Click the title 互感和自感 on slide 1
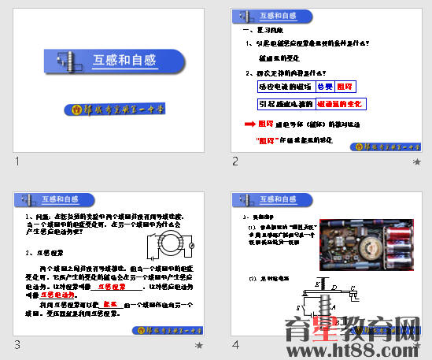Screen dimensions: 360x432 [x=124, y=61]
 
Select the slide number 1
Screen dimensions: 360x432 [x=16, y=161]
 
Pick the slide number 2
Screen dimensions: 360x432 [x=234, y=161]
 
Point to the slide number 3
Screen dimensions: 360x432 [x=16, y=345]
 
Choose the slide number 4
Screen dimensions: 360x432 [x=234, y=345]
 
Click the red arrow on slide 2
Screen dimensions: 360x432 [x=248, y=124]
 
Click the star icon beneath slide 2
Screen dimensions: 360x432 [x=417, y=161]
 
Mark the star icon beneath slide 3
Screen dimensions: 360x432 [x=199, y=345]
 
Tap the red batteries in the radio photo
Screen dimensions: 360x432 [x=393, y=245]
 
